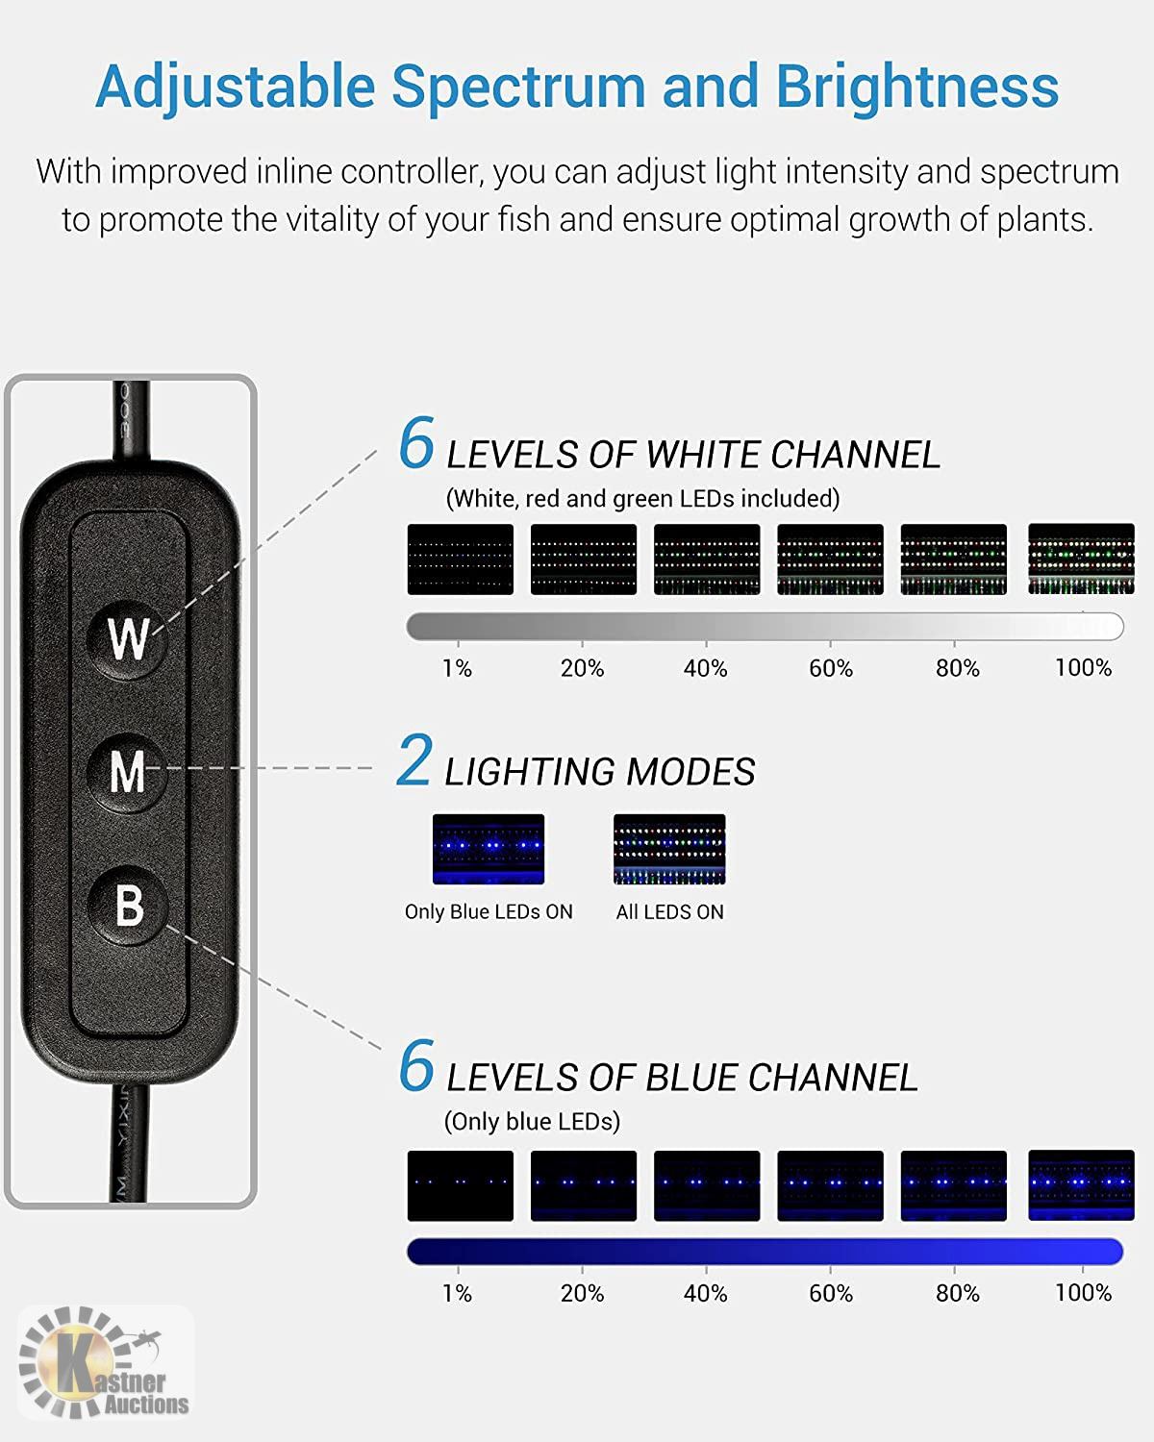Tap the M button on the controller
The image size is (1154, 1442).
[127, 772]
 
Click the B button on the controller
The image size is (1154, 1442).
[127, 906]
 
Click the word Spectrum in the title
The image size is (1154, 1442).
[518, 87]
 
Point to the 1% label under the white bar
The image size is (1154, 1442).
[457, 668]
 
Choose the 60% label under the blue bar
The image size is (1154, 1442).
[831, 1293]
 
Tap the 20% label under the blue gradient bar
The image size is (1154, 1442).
[582, 1293]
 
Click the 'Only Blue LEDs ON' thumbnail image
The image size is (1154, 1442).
[489, 849]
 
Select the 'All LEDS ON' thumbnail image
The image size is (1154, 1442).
[669, 849]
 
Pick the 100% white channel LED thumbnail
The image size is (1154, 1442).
[1081, 559]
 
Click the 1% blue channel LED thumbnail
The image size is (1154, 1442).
[460, 1185]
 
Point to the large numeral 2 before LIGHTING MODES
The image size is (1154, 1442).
[414, 759]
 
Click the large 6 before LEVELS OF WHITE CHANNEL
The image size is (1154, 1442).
[416, 442]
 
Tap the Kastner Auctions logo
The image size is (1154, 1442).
[105, 1361]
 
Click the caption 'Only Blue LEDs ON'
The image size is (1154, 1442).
[489, 912]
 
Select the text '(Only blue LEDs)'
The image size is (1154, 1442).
[532, 1121]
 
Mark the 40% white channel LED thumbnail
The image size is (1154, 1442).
[707, 559]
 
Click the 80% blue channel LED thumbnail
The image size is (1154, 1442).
[954, 1185]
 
